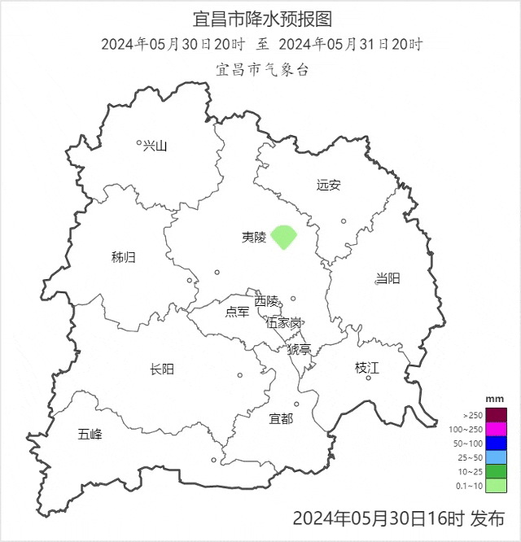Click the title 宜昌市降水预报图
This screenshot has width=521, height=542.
click(262, 19)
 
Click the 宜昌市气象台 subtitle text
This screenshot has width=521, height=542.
click(262, 69)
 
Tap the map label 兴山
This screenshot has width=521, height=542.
click(155, 146)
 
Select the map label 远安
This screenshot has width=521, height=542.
click(329, 185)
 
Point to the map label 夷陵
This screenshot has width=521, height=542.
click(253, 237)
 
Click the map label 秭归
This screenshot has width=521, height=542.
click(124, 257)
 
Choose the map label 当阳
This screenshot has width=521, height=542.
click(388, 278)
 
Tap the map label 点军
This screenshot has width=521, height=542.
click(237, 312)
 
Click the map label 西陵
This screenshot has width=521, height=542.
click(266, 301)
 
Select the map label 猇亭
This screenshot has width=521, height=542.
click(299, 349)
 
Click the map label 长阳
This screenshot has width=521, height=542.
click(162, 369)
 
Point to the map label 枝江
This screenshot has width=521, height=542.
click(367, 368)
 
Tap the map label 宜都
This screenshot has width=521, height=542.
click(281, 418)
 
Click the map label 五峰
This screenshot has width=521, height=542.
click(90, 434)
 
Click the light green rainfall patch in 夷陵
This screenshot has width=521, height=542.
click(283, 237)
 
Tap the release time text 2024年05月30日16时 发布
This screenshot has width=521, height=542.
click(398, 518)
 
